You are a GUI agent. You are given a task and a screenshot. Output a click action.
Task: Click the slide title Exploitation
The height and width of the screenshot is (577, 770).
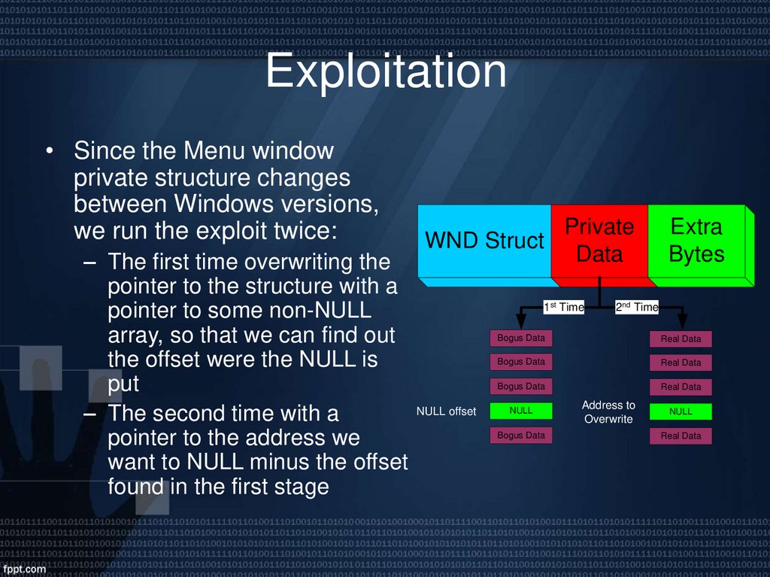(386, 71)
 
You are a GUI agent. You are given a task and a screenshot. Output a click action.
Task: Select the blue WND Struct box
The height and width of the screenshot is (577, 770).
(484, 241)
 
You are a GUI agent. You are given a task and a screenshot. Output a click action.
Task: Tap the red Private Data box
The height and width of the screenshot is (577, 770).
(599, 241)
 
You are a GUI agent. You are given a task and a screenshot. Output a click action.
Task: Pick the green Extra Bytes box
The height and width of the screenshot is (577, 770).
(696, 241)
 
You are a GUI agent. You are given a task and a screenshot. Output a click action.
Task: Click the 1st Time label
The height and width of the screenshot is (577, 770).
(563, 307)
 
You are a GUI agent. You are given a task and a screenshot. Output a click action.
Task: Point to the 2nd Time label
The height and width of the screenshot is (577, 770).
(637, 307)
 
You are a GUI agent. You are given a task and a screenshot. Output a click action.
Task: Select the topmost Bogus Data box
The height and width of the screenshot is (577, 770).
(521, 339)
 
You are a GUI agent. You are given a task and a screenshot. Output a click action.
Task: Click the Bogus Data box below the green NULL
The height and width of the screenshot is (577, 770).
(521, 436)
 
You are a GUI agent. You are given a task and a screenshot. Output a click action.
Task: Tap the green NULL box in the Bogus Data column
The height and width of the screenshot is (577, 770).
(521, 411)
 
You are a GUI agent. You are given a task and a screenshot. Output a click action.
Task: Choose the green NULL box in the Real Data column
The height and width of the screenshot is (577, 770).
(681, 411)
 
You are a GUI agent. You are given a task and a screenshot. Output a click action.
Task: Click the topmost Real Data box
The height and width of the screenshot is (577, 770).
(681, 339)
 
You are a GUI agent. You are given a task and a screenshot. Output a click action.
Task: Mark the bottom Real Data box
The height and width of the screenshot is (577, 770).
(681, 436)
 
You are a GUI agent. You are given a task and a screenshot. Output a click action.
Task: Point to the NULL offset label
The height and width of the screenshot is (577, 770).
(446, 411)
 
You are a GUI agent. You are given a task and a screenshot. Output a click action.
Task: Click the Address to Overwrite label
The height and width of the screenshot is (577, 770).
(608, 411)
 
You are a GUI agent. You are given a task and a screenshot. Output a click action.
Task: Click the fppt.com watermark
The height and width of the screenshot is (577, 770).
(23, 569)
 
